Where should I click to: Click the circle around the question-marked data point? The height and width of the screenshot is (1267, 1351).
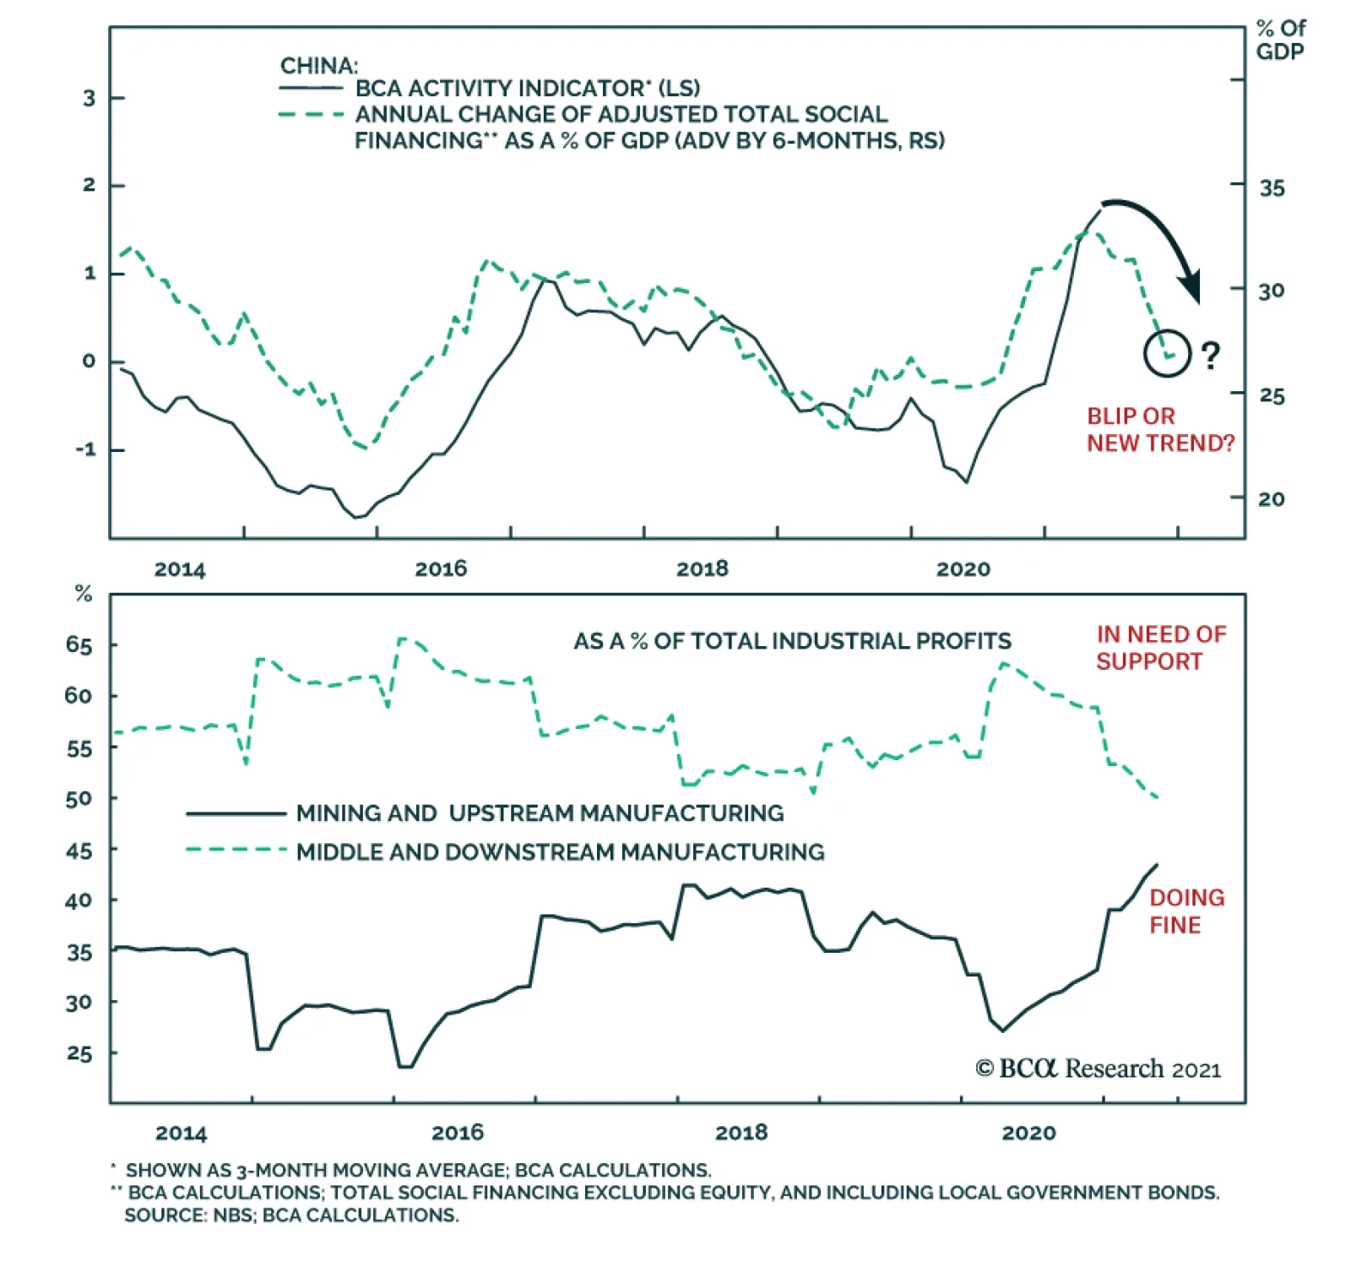(x=1167, y=353)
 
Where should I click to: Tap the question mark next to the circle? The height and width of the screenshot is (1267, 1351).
(x=1211, y=356)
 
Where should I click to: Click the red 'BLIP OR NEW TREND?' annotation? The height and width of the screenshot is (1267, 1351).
(x=1159, y=430)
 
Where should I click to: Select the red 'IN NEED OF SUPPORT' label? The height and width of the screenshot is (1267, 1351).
(x=1160, y=648)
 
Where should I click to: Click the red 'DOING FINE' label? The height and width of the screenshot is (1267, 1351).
(x=1186, y=911)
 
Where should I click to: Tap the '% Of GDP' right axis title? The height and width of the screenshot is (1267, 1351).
(x=1280, y=40)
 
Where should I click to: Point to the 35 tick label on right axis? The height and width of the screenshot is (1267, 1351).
(x=1272, y=188)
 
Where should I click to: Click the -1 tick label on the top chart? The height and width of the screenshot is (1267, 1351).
(x=86, y=449)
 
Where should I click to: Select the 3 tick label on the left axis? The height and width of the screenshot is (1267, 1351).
(x=90, y=98)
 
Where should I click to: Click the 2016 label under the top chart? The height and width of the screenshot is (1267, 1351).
(x=441, y=568)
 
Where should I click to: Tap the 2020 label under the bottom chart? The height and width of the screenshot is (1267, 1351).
(x=1028, y=1133)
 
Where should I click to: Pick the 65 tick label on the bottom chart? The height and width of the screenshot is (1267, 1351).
(x=79, y=645)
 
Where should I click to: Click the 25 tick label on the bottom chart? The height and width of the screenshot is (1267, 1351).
(x=79, y=1053)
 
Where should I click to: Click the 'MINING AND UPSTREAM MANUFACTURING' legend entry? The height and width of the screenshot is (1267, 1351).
(x=540, y=813)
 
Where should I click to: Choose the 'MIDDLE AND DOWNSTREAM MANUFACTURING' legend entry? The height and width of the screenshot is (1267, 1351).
(x=560, y=851)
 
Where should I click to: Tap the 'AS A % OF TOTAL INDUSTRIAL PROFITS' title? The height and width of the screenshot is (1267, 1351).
(x=792, y=641)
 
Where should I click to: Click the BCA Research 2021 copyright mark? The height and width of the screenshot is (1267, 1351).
(x=1098, y=1069)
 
